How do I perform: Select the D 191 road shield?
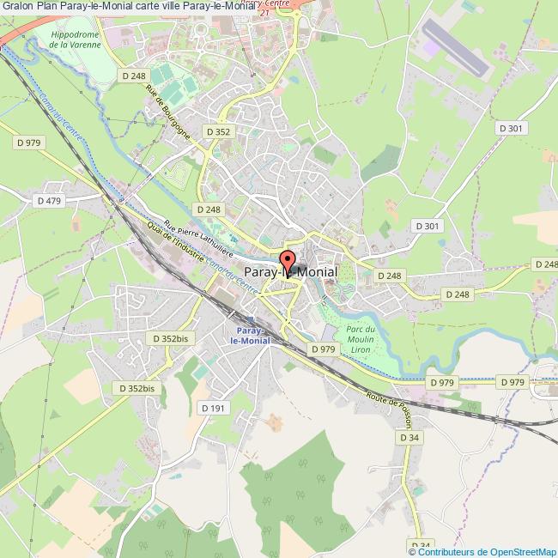(x=213, y=408)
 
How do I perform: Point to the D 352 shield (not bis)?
(x=218, y=131)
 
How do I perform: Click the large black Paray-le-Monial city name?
(x=290, y=271)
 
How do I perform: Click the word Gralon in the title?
(x=19, y=8)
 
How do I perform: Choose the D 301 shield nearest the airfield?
(x=511, y=128)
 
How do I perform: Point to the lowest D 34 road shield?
(x=420, y=545)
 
